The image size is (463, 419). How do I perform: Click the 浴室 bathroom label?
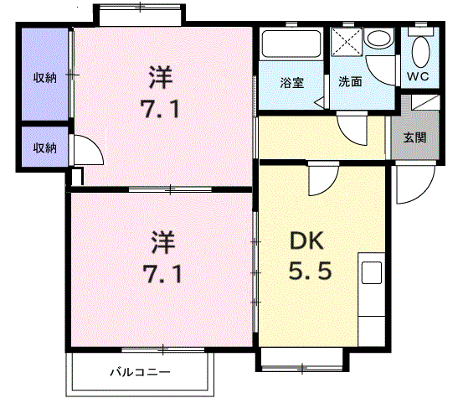coord(291,83)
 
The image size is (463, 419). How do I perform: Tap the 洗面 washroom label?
coord(350,83)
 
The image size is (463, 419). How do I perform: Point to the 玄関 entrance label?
coord(414,137)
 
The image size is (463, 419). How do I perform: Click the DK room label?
coord(306,241)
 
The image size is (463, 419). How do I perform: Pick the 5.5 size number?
coord(308,272)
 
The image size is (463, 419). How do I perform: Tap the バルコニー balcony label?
coord(140,371)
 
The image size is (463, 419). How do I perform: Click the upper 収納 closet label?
coord(44,78)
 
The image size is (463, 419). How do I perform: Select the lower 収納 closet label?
coord(44,147)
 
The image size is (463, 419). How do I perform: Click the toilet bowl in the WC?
coord(421,49)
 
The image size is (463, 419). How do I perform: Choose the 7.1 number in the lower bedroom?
coord(161,273)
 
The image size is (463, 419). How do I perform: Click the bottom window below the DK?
coord(301,360)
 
